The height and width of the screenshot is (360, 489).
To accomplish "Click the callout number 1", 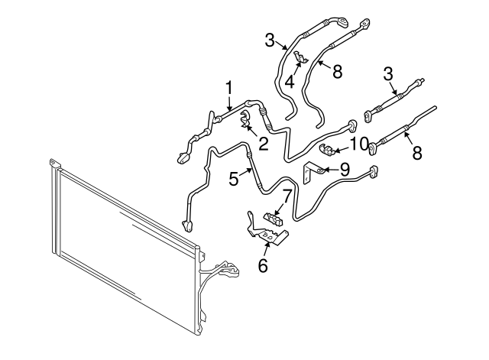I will pyautogui.click(x=228, y=87).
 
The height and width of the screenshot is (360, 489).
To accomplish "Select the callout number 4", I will pyautogui.click(x=290, y=80).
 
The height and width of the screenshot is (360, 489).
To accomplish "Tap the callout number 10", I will pyautogui.click(x=359, y=143).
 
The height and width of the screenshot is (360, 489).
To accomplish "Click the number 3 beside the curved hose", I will pyautogui.click(x=270, y=39).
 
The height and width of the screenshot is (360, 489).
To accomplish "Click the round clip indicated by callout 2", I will pyautogui.click(x=247, y=119).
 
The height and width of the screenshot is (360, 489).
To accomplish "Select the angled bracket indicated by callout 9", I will pyautogui.click(x=313, y=173).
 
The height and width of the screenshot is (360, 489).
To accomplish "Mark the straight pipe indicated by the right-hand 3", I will pyautogui.click(x=393, y=98).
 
